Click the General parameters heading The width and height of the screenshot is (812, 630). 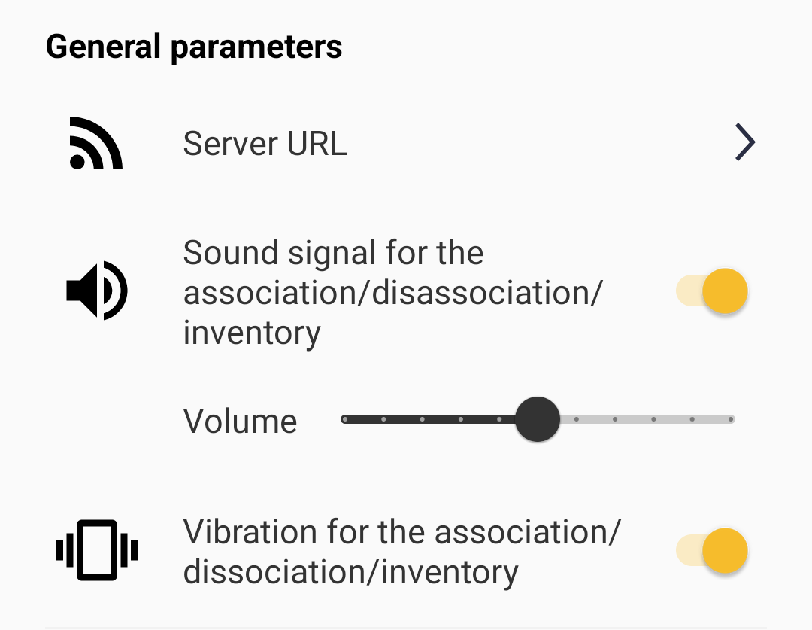(x=194, y=47)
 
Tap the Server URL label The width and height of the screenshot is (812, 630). (x=265, y=144)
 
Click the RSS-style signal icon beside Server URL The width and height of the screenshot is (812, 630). (x=95, y=143)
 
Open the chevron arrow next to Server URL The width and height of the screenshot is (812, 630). (x=745, y=142)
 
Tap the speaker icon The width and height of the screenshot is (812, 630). (x=97, y=291)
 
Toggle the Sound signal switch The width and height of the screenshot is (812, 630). (x=712, y=291)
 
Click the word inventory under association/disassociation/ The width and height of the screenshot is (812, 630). (x=252, y=333)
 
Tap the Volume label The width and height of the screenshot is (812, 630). (x=240, y=421)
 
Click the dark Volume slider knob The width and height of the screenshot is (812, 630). (x=538, y=419)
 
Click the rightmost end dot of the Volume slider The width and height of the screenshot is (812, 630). (x=731, y=419)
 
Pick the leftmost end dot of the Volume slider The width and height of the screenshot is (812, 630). (x=345, y=419)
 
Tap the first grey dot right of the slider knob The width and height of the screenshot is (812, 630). (x=577, y=419)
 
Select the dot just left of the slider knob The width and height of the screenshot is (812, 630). (x=499, y=419)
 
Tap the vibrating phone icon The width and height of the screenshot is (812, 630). (x=97, y=550)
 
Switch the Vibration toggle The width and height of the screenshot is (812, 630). (x=712, y=551)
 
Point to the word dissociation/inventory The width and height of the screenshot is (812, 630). (x=350, y=573)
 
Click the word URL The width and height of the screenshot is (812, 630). (x=317, y=144)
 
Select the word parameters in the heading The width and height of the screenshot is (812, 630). (x=256, y=48)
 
